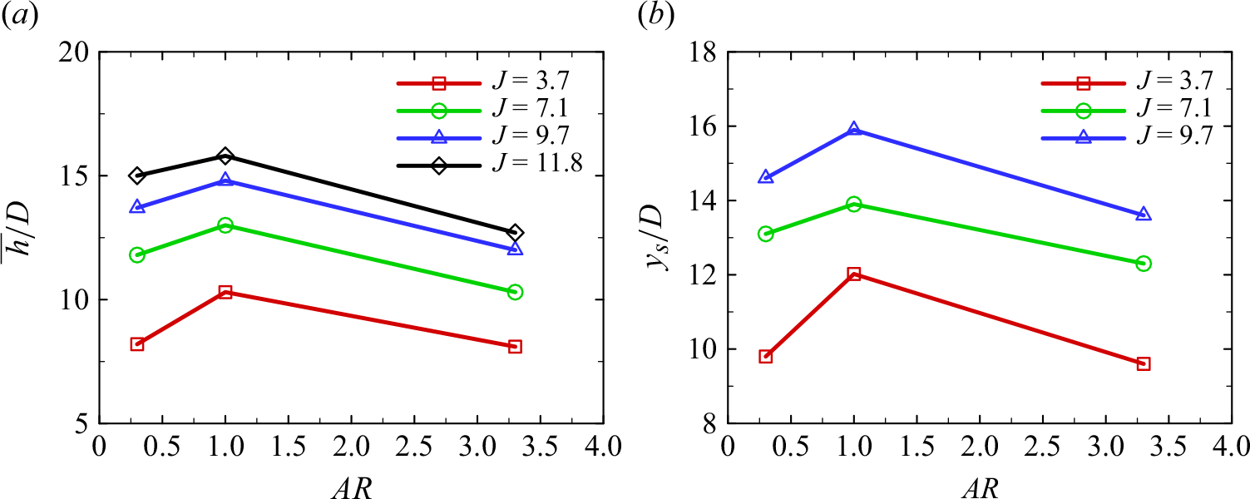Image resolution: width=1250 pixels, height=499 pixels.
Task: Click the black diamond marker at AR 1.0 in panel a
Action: [x=225, y=156]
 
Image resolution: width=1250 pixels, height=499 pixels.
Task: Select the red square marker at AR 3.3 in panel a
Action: [x=515, y=347]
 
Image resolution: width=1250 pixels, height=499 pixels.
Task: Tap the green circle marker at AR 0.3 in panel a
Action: [x=137, y=254]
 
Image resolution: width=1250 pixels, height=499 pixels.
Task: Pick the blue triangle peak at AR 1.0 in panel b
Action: [x=854, y=130]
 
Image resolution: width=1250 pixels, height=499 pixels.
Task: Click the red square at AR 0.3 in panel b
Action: [x=766, y=357]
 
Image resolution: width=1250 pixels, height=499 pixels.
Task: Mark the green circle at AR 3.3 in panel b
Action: [x=1144, y=263]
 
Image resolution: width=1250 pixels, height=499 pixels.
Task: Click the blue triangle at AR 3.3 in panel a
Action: [x=515, y=249]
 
